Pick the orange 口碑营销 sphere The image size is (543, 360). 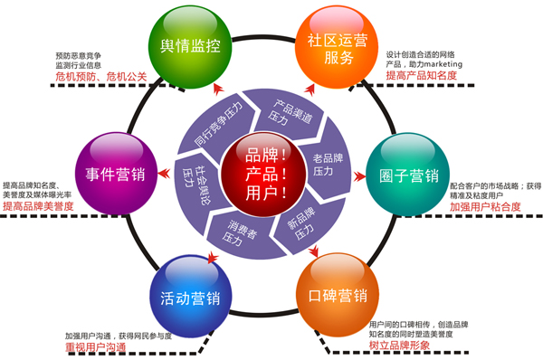(330, 295)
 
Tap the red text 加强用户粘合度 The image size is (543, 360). (485, 206)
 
